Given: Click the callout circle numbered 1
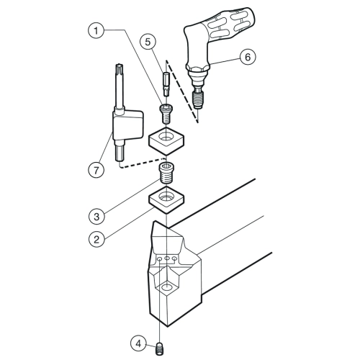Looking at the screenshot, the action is (x=96, y=30).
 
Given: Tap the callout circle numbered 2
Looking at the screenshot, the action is (x=96, y=239).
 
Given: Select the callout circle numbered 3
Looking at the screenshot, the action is (x=96, y=217).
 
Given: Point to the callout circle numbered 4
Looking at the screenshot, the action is (x=139, y=343).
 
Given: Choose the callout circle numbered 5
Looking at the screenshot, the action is (x=148, y=42).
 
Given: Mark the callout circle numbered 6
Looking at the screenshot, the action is (x=248, y=57).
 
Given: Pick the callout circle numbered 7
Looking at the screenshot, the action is (x=96, y=170).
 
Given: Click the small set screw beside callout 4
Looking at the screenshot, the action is (x=159, y=348).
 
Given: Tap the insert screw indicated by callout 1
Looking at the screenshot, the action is (x=166, y=114).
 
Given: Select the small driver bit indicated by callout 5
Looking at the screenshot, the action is (x=166, y=84).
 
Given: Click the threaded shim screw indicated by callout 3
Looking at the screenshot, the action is (x=166, y=173).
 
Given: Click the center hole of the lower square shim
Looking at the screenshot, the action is (x=166, y=198).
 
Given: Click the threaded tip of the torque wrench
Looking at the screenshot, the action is (x=197, y=99).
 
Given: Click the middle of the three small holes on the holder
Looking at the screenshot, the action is (x=167, y=258).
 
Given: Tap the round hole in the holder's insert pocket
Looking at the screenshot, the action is (x=166, y=287).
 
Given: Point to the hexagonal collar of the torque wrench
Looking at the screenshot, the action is (x=197, y=70).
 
